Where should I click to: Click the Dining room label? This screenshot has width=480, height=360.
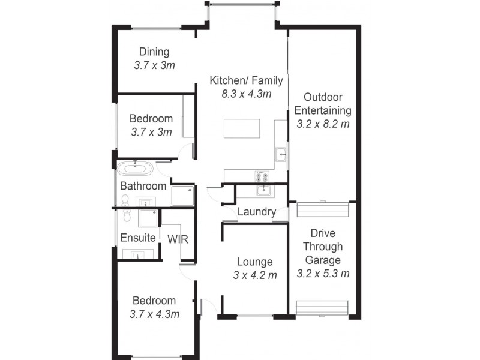[x=154, y=52]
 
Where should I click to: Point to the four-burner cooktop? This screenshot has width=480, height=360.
[x=262, y=176]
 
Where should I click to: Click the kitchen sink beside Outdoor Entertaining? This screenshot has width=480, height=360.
[x=281, y=155]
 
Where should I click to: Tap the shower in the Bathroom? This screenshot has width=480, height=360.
[x=182, y=195]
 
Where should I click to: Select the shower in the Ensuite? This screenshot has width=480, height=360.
[x=148, y=218]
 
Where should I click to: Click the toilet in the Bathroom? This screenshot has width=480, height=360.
[x=125, y=199]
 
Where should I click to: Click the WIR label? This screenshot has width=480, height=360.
[x=178, y=239]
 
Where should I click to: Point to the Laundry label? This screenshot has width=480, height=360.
[x=257, y=212]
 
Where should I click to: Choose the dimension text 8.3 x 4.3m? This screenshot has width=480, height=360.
[x=246, y=94]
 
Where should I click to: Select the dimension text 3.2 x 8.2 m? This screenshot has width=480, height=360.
[x=323, y=124]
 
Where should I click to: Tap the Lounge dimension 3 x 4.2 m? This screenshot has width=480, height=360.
[x=255, y=275]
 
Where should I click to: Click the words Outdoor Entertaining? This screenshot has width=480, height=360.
[x=323, y=104]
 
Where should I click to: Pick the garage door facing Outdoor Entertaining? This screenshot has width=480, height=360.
[x=323, y=211]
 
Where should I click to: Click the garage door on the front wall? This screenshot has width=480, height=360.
[x=322, y=308]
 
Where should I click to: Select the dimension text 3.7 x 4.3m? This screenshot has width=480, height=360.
[x=154, y=314]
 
